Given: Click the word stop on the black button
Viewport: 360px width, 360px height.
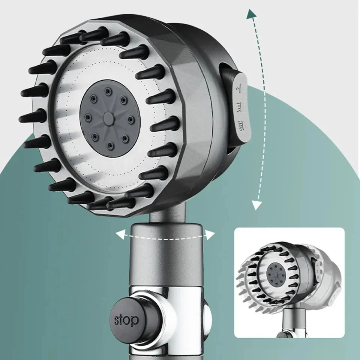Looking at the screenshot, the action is pos(126,320).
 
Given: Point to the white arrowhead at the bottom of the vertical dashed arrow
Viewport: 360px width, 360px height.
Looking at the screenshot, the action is pos(256,205).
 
